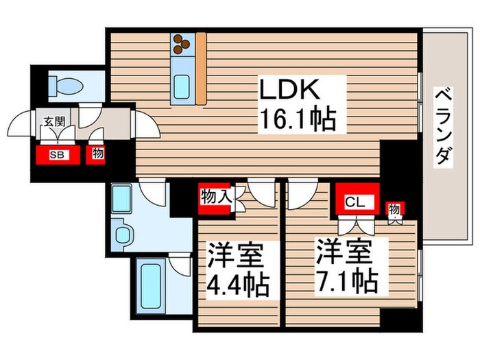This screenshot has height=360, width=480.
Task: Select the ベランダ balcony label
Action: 443,127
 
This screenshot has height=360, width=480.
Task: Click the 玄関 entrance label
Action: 54,121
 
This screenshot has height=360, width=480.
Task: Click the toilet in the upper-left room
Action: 66,86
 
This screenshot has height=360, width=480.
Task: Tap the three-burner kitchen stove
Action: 182,44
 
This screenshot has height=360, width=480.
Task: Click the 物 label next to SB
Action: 98,154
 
